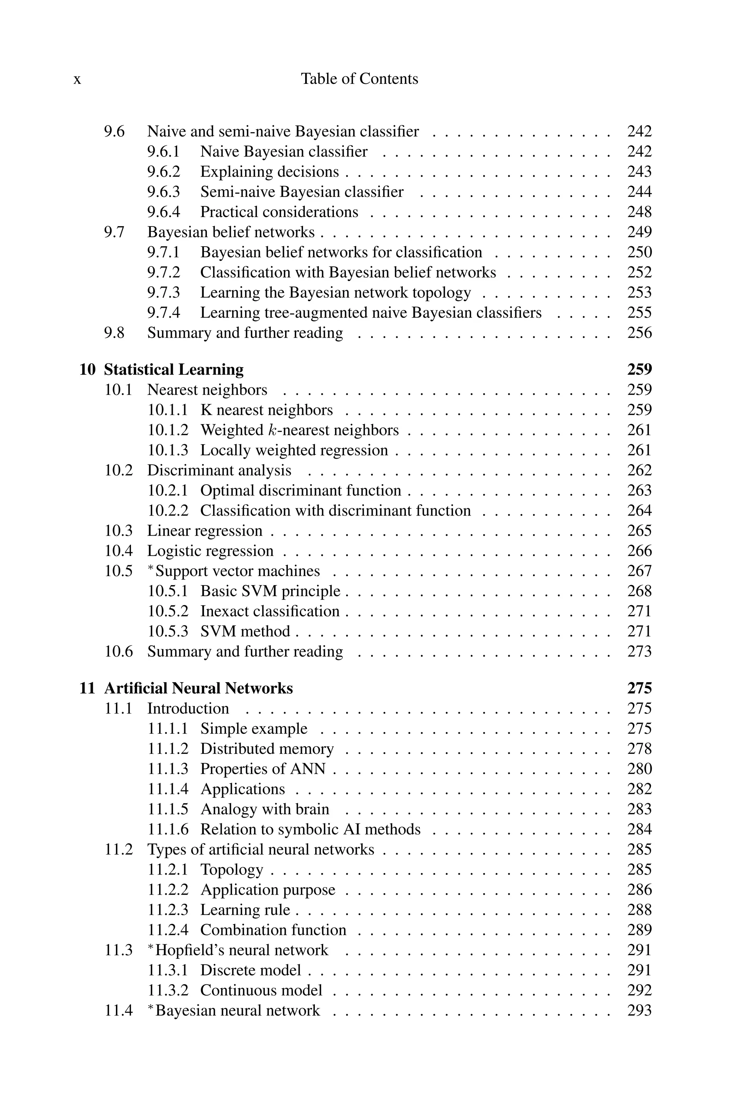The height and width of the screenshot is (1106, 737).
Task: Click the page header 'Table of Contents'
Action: coord(359,78)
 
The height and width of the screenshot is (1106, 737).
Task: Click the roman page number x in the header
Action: coord(77,80)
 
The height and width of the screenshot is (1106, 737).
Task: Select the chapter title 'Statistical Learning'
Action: coord(173,370)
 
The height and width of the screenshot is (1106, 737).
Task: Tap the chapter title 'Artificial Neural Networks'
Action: coord(198,688)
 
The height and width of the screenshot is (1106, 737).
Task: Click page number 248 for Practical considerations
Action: coord(639,212)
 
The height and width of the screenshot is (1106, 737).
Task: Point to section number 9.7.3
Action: coord(163,292)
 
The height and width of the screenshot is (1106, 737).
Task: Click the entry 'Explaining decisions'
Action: coord(269,172)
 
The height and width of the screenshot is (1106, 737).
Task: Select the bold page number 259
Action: coord(639,370)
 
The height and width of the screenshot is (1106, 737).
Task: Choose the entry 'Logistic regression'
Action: coord(210,551)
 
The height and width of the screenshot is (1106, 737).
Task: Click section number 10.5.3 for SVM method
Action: coord(168,631)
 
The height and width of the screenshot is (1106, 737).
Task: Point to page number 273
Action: coord(639,652)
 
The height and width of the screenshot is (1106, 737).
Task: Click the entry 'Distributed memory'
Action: coord(267,749)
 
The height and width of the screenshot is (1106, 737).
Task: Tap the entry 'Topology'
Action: coord(231,870)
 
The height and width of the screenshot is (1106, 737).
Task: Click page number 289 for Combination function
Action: coord(639,930)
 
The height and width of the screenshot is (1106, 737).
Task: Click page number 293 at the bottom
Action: coord(639,1011)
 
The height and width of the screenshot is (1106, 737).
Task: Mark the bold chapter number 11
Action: coord(87,688)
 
